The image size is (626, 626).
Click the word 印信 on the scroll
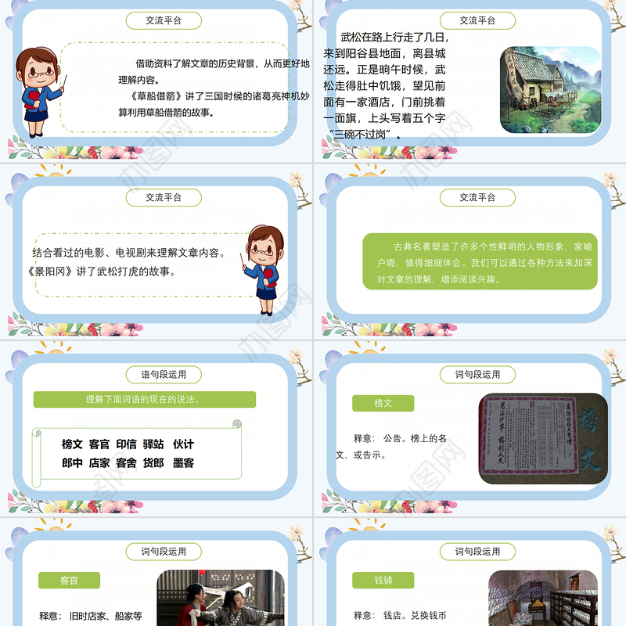coord(126,444)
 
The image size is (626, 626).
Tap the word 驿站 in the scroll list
coord(154,444)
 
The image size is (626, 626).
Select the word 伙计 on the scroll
coord(183,444)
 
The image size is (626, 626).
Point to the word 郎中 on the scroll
coord(72,463)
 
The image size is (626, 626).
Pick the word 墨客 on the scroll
coord(183,463)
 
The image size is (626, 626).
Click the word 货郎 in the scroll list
coord(154,463)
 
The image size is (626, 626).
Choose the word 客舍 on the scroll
coord(126,463)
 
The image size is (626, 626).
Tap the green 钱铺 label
coord(383,581)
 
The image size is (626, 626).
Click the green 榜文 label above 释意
coord(383,403)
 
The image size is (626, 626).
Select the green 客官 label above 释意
coord(69,581)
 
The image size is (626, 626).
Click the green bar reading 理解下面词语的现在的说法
coord(145,399)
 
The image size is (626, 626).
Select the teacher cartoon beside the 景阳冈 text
coord(268,270)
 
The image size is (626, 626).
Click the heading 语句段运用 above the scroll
coord(164,375)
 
